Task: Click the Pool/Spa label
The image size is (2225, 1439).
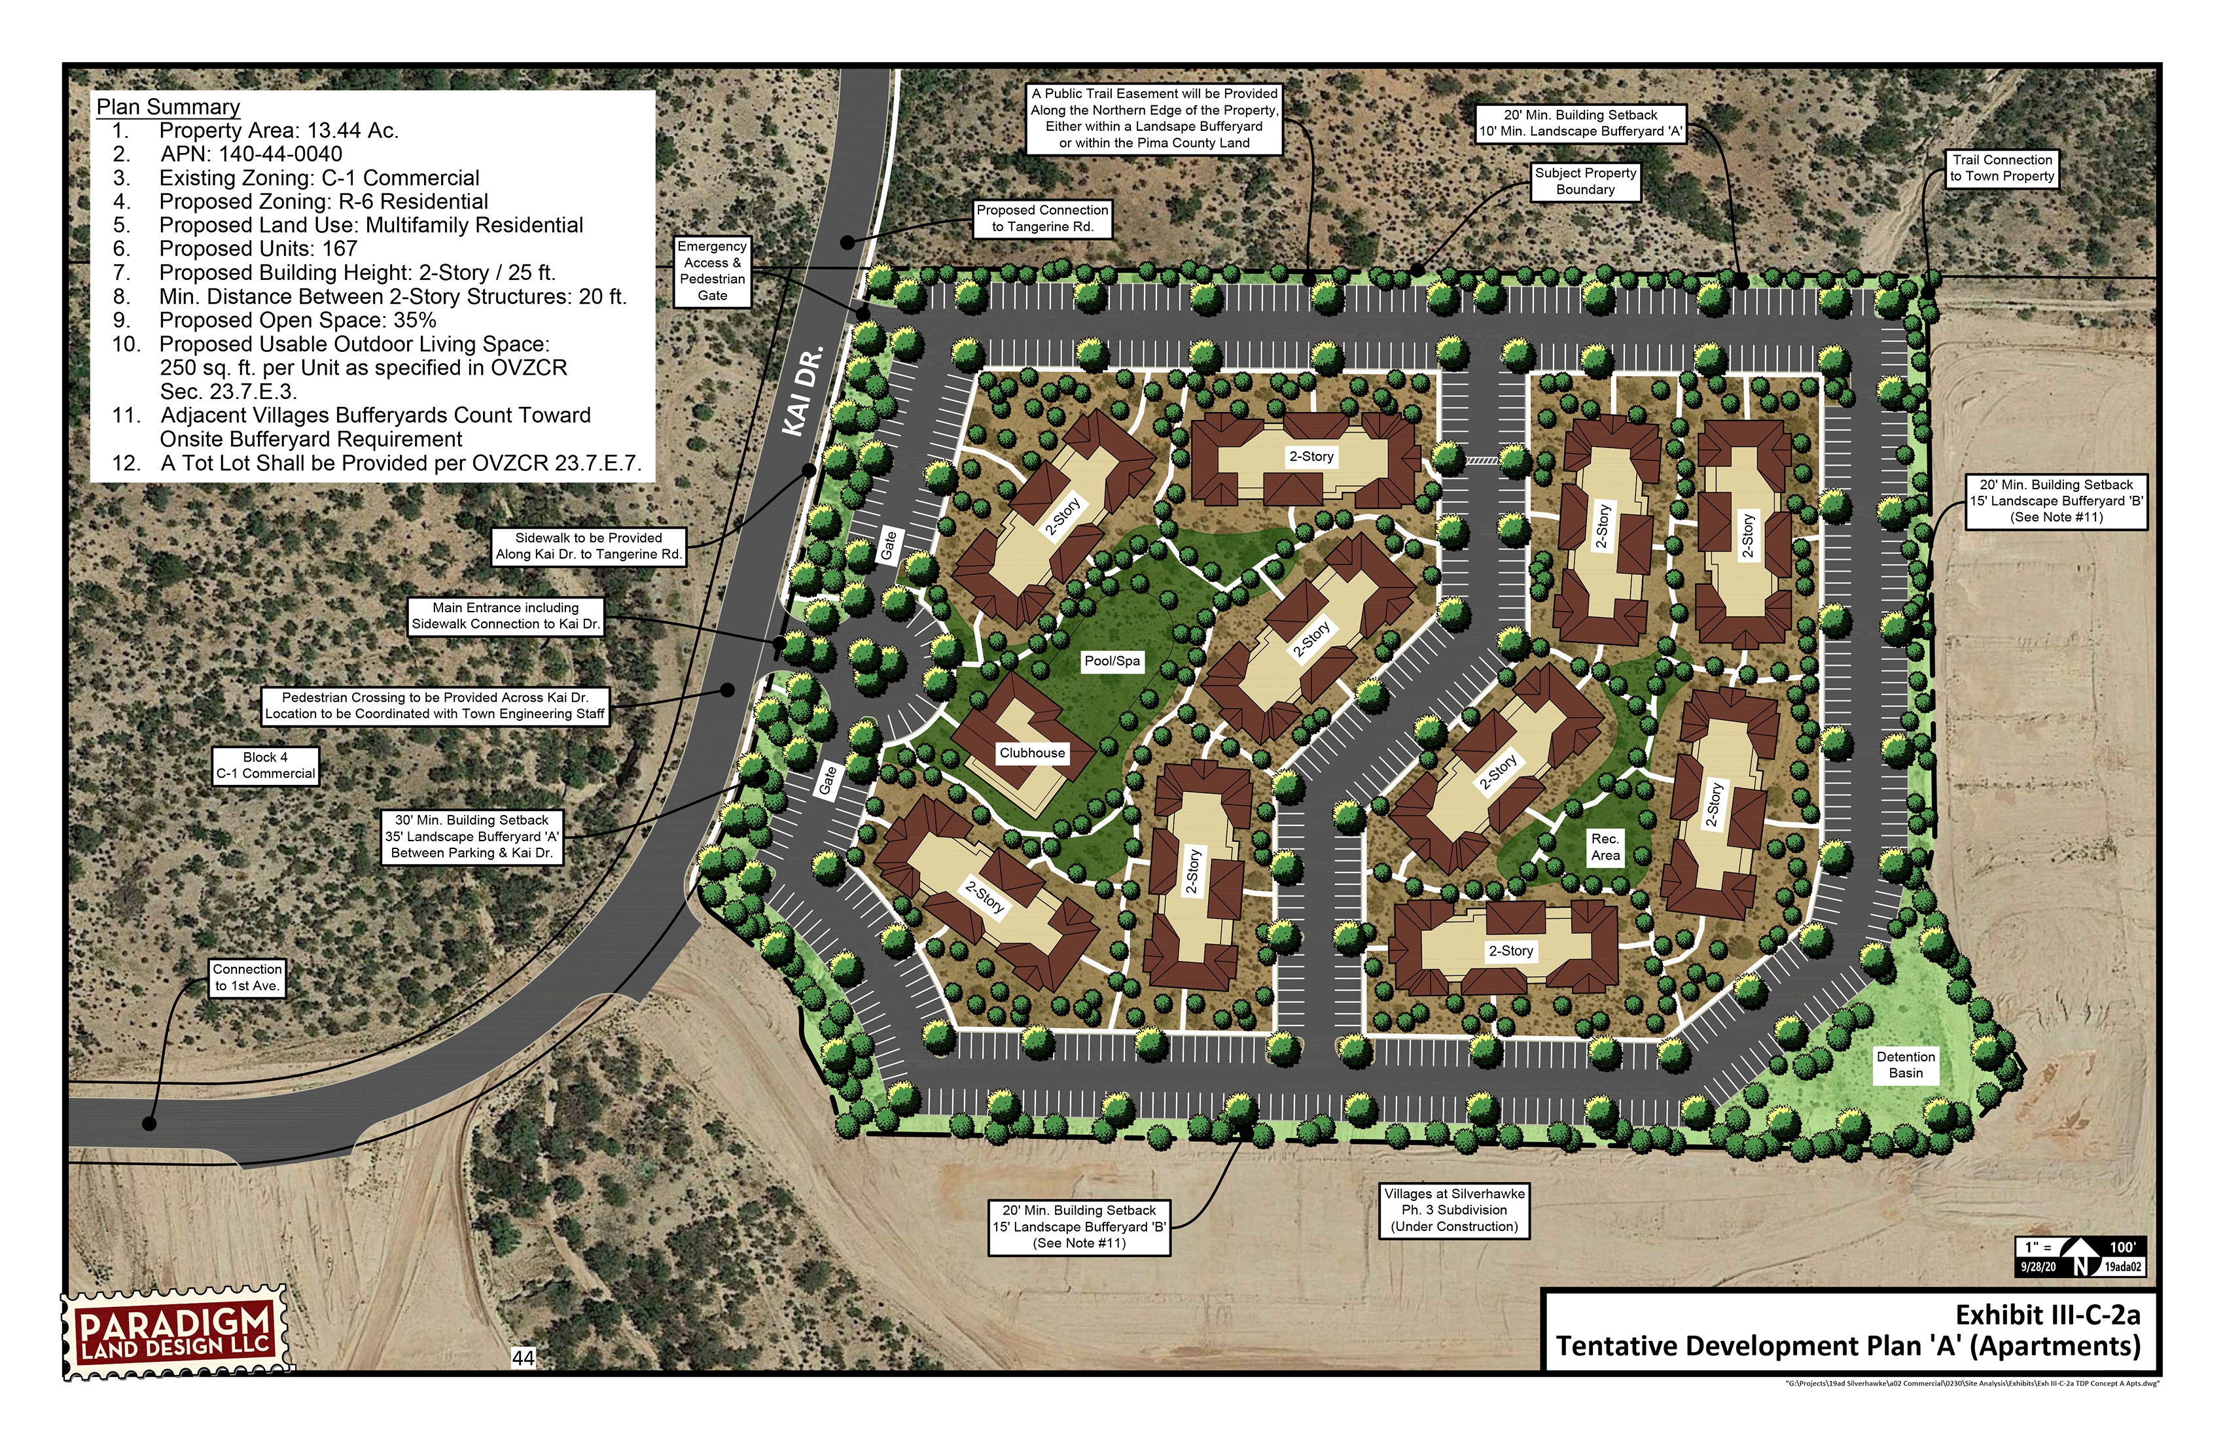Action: (1112, 661)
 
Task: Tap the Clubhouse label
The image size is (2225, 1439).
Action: (1032, 752)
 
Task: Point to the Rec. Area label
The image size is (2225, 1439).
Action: (1605, 846)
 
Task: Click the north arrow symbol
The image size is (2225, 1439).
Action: (2081, 1257)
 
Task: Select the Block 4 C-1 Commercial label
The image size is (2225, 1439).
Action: (266, 765)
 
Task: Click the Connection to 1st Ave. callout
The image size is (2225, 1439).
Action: (247, 977)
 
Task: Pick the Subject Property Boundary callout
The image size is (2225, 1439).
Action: (1586, 181)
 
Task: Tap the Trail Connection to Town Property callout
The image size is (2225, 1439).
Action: (2002, 168)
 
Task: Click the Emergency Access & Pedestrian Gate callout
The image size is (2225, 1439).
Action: (713, 271)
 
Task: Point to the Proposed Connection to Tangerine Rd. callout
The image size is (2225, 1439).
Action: (1042, 218)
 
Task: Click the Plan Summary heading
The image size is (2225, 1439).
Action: (168, 107)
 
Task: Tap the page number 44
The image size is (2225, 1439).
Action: (524, 1358)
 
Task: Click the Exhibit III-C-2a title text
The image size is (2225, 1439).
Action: (2048, 1315)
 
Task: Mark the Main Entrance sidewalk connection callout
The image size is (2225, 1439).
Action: (506, 615)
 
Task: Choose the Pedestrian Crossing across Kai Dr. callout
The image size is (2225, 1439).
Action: (435, 706)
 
